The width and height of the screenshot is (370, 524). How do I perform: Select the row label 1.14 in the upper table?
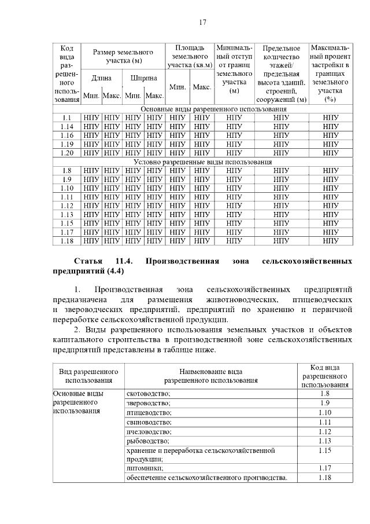(x=67, y=126)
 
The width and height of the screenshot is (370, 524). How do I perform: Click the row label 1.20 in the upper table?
(x=67, y=152)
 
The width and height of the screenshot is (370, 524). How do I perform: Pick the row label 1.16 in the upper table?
(x=67, y=135)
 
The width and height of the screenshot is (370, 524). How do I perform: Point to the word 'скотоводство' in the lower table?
(x=148, y=394)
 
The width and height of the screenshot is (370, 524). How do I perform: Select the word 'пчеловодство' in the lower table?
(x=149, y=431)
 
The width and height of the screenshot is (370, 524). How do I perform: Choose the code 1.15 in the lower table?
(x=324, y=450)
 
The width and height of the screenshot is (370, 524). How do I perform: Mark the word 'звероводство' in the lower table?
(x=149, y=403)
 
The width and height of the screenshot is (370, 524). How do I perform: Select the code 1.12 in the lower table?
(x=324, y=431)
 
